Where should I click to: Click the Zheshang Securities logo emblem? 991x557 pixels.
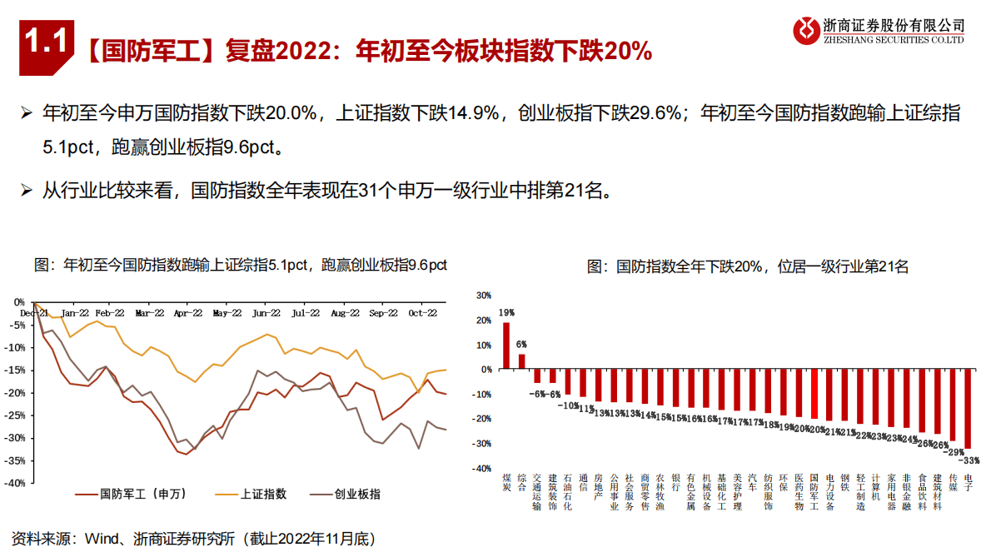[805, 30]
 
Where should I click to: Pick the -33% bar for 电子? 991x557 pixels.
[968, 409]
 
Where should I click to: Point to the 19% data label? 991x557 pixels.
[506, 313]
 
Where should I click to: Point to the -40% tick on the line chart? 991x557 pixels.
[17, 483]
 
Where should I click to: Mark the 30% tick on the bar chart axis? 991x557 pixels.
[482, 296]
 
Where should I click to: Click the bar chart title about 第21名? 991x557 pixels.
[747, 266]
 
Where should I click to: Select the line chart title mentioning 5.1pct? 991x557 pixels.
[240, 265]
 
